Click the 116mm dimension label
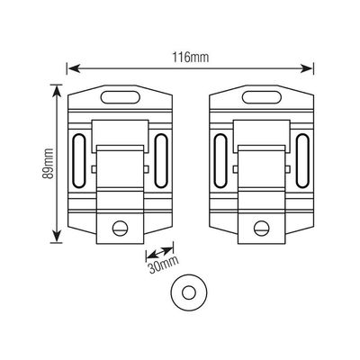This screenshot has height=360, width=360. pos(190,57)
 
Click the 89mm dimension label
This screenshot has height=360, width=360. pos(48,164)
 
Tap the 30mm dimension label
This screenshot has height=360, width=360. pos(164,265)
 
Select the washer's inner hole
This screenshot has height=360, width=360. pos(189,292)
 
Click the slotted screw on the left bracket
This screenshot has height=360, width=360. pos(121,229)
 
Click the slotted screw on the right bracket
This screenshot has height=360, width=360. pos(262,229)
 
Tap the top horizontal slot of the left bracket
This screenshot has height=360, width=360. pos(121,97)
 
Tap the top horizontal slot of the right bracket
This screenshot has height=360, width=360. pos(262,97)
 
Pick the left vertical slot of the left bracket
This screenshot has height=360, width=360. pos(79,161)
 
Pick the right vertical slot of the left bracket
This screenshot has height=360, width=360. pos(161,161)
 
